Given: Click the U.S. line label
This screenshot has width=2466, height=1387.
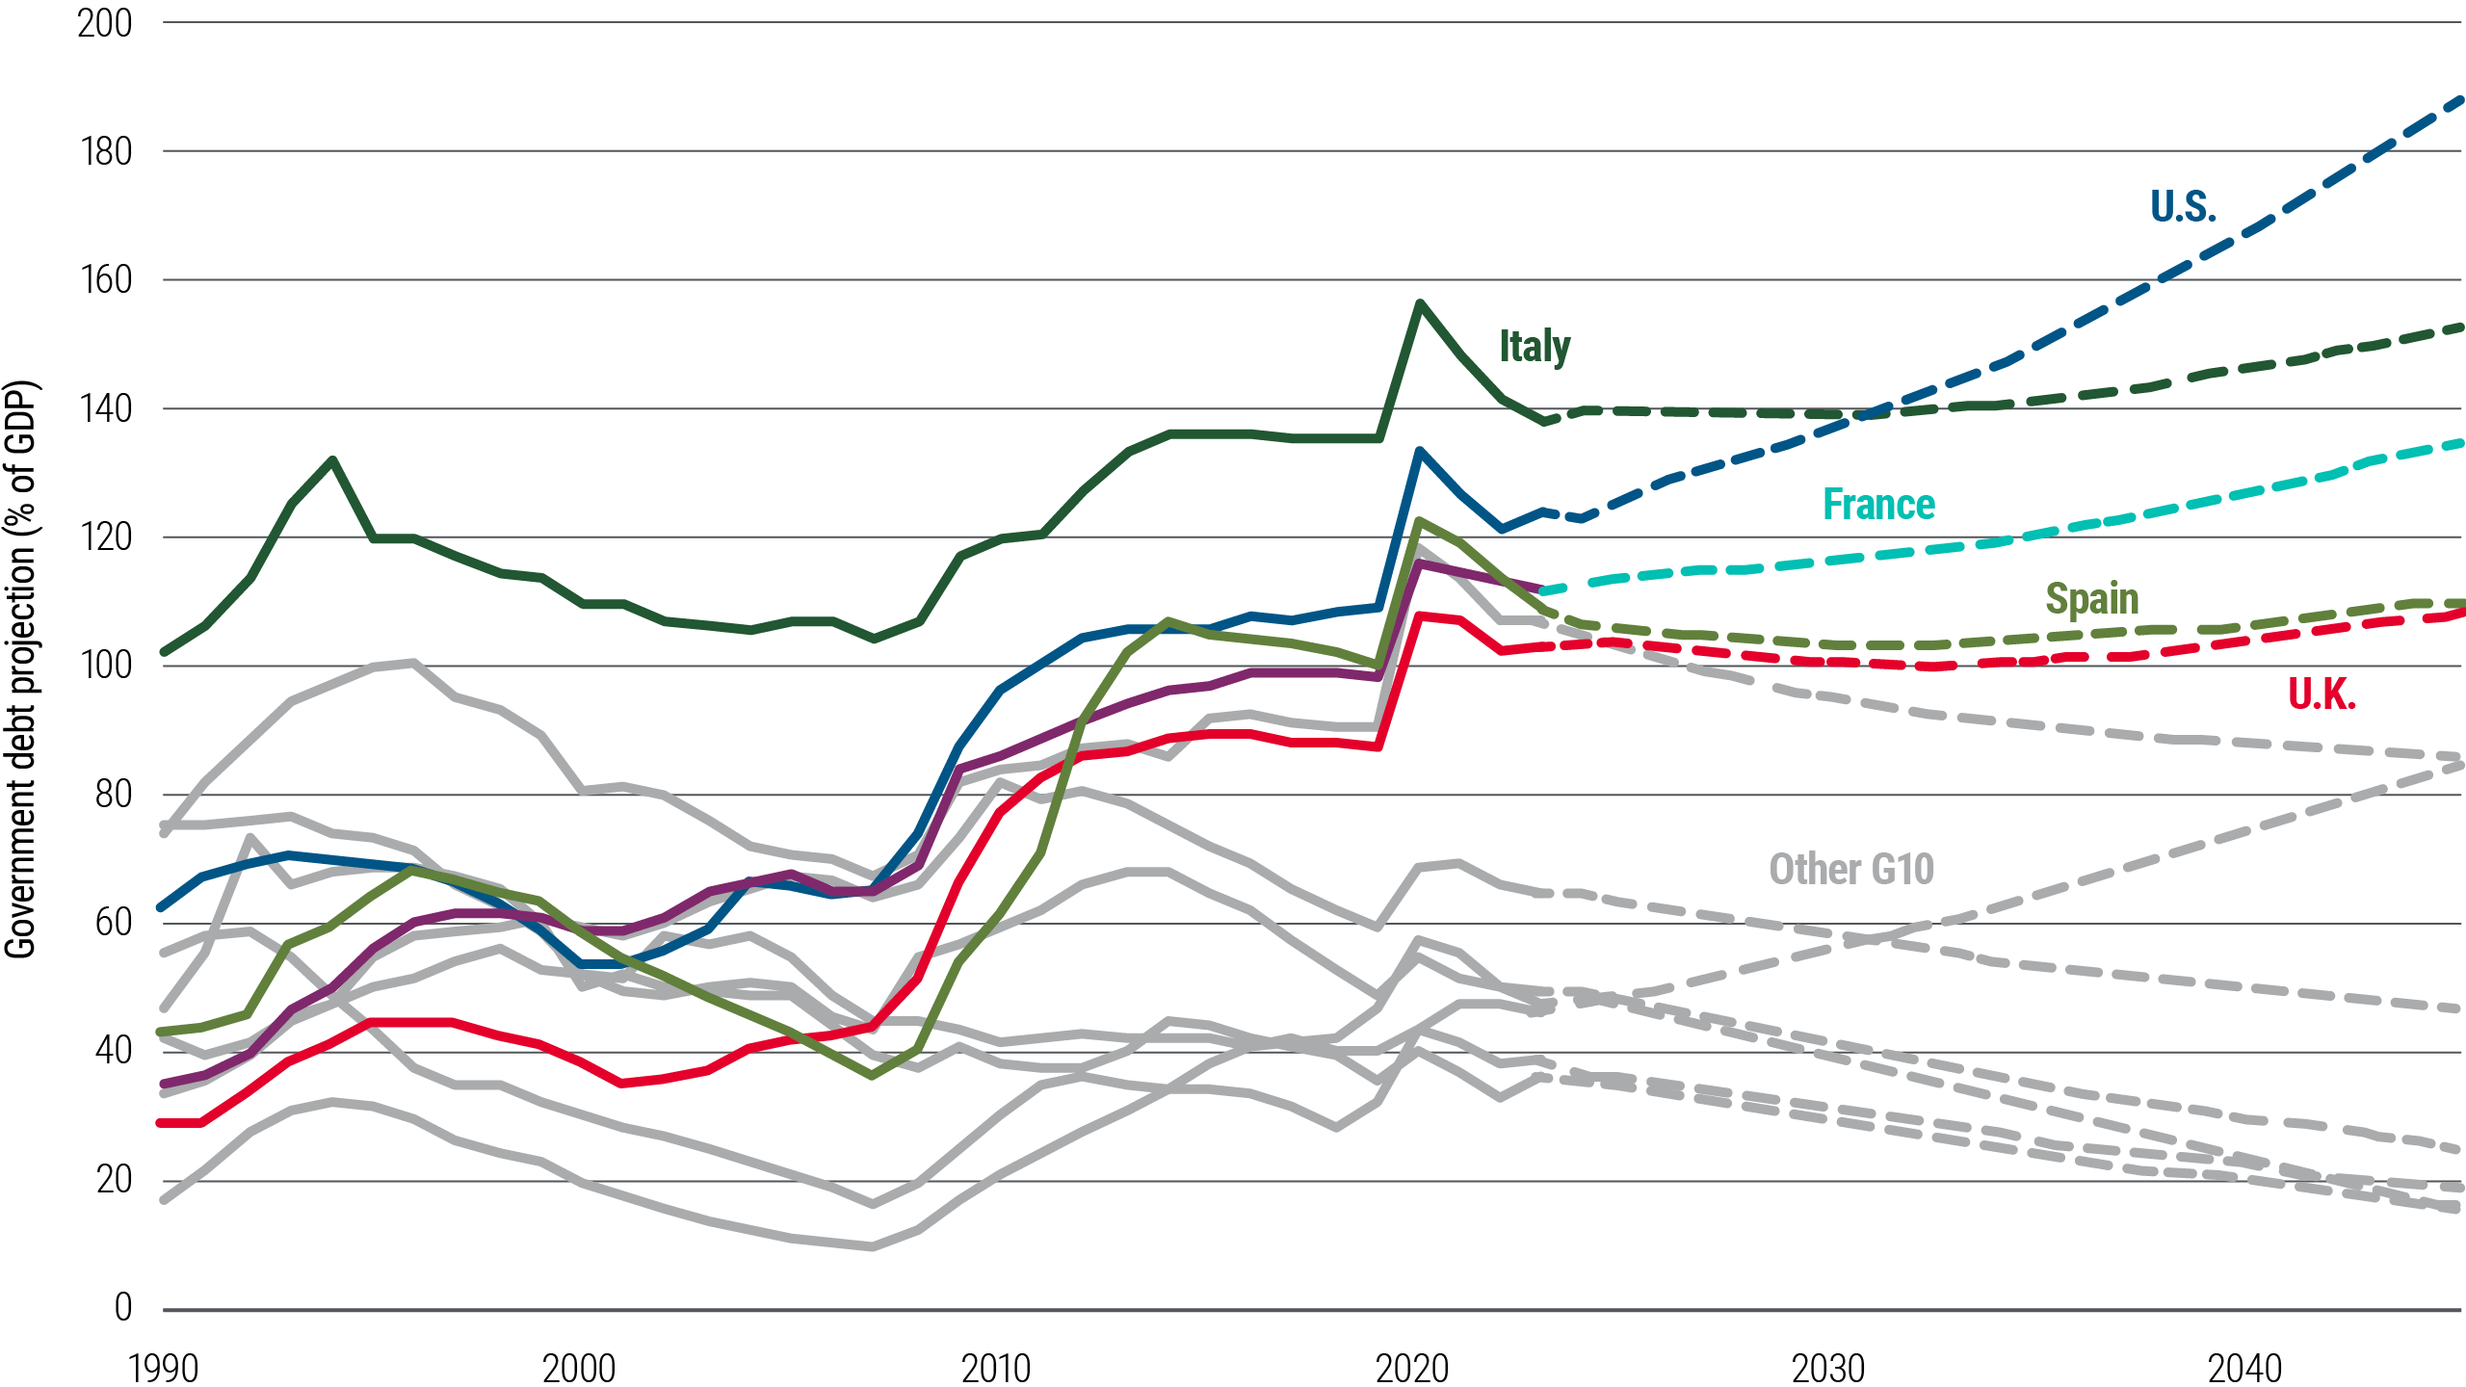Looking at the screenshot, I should point(2183,206).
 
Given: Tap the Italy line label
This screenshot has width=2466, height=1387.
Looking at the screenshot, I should point(1534,347).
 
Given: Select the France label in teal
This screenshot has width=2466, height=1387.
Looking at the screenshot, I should point(1878,505).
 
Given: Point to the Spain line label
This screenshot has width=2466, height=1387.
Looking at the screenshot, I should point(2091,599).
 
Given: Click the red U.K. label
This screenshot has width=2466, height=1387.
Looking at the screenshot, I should point(2322,693).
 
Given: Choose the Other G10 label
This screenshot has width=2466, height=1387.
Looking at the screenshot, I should point(1850,869).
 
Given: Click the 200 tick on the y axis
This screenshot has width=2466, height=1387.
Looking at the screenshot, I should point(104,23).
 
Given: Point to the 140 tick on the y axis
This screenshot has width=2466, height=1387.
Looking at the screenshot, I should point(104,408).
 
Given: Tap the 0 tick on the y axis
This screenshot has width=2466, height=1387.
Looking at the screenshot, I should point(122,1307).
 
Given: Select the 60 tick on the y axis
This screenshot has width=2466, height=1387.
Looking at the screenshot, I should point(112,922).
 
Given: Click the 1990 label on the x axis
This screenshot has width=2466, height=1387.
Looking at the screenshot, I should point(163,1368).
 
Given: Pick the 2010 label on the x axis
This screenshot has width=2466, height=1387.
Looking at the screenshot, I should point(996,1368).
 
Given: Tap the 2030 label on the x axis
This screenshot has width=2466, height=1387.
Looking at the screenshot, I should point(1828,1368).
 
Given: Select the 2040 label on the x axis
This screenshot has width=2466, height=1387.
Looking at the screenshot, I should point(2244,1368).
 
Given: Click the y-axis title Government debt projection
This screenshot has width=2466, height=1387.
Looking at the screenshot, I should point(21,669).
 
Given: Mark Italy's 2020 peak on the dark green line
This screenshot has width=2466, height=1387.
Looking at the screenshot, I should point(1419,302).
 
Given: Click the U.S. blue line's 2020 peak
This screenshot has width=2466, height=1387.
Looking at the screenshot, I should point(1419,450).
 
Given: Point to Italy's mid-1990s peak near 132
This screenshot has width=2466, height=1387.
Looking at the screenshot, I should point(332,459).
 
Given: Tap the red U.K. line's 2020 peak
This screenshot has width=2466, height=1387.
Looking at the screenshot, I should point(1419,614).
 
